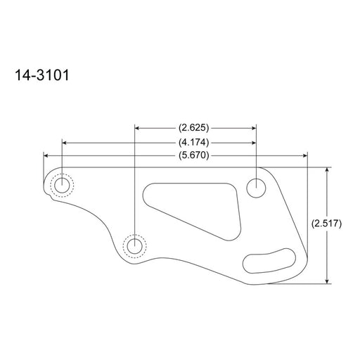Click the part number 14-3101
click(x=42, y=75)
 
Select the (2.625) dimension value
click(x=193, y=128)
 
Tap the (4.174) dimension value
click(x=193, y=143)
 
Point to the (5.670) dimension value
click(x=193, y=155)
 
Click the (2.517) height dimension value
click(x=326, y=224)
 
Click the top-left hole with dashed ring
click(x=62, y=185)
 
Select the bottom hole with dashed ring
click(x=135, y=246)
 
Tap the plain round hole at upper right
click(x=256, y=188)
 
